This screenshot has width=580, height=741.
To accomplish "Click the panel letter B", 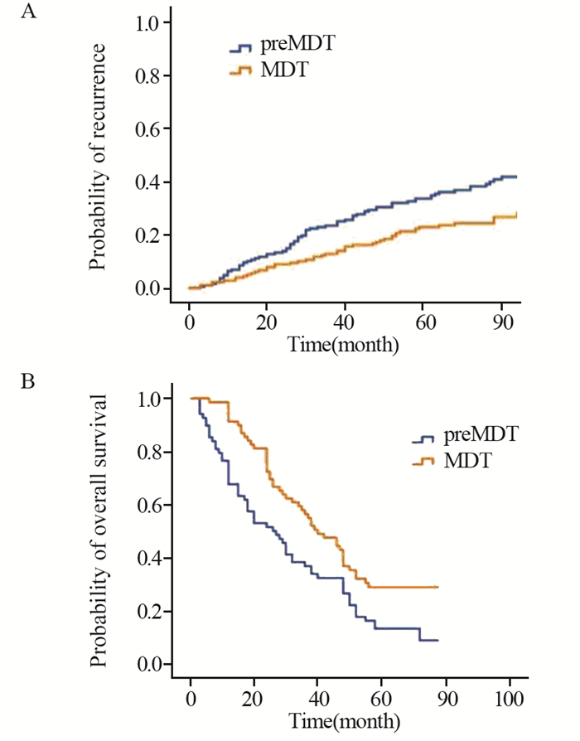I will click(x=28, y=385).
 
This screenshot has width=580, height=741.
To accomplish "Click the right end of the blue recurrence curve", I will click(x=517, y=177).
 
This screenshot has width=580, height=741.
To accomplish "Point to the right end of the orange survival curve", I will click(x=437, y=587).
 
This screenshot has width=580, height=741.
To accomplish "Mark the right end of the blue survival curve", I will click(x=437, y=640).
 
